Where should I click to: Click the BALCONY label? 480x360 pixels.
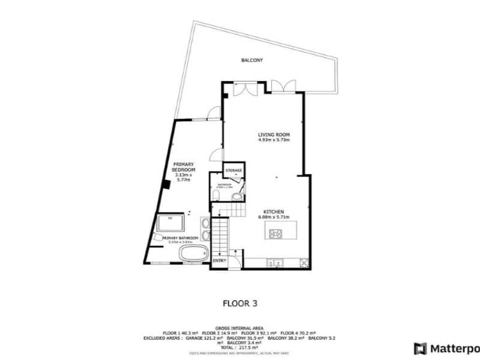click(x=252, y=61)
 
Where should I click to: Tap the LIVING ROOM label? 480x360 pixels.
click(x=274, y=134)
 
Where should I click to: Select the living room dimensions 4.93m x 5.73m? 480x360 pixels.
click(x=274, y=140)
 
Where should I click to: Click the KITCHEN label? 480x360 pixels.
click(x=274, y=211)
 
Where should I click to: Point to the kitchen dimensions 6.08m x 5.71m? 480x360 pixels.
click(x=274, y=217)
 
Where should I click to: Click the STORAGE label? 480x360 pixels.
click(x=234, y=170)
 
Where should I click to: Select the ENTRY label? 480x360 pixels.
click(x=220, y=260)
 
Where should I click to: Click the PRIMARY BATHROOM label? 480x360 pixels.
click(x=181, y=238)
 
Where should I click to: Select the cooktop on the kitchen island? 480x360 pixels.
click(x=277, y=233)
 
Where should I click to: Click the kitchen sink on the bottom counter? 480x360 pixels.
click(x=277, y=262)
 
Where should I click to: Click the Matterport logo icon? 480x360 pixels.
click(x=420, y=348)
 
